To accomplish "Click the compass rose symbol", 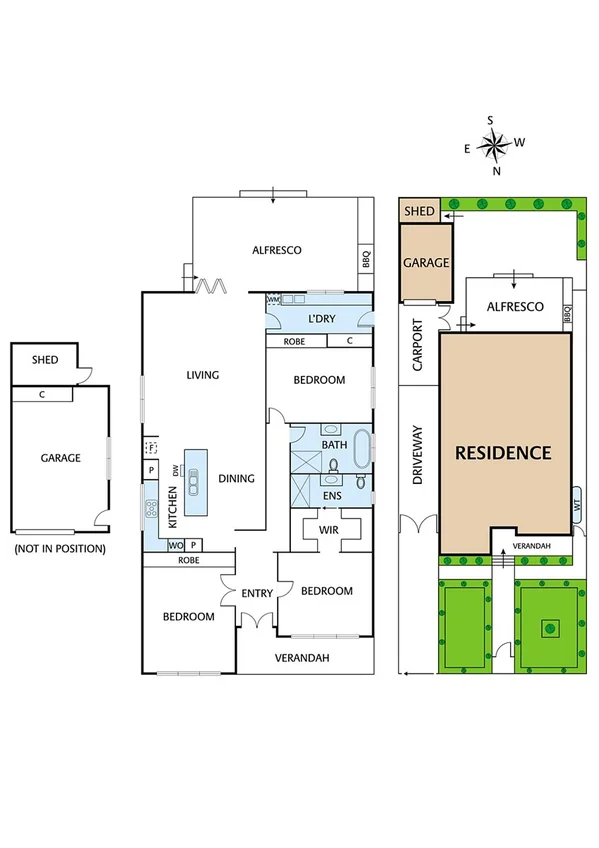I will point(493,146).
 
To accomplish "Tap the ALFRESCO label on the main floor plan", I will point(277,251).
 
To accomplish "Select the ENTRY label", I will point(257,593).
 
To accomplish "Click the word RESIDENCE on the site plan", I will point(503,452).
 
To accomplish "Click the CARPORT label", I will point(418,345).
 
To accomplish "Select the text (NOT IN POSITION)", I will point(59,548).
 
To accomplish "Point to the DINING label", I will point(236,478).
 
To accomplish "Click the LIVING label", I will point(202,375).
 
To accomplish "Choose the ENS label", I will point(332,494).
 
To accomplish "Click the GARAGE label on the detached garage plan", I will point(60,458).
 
